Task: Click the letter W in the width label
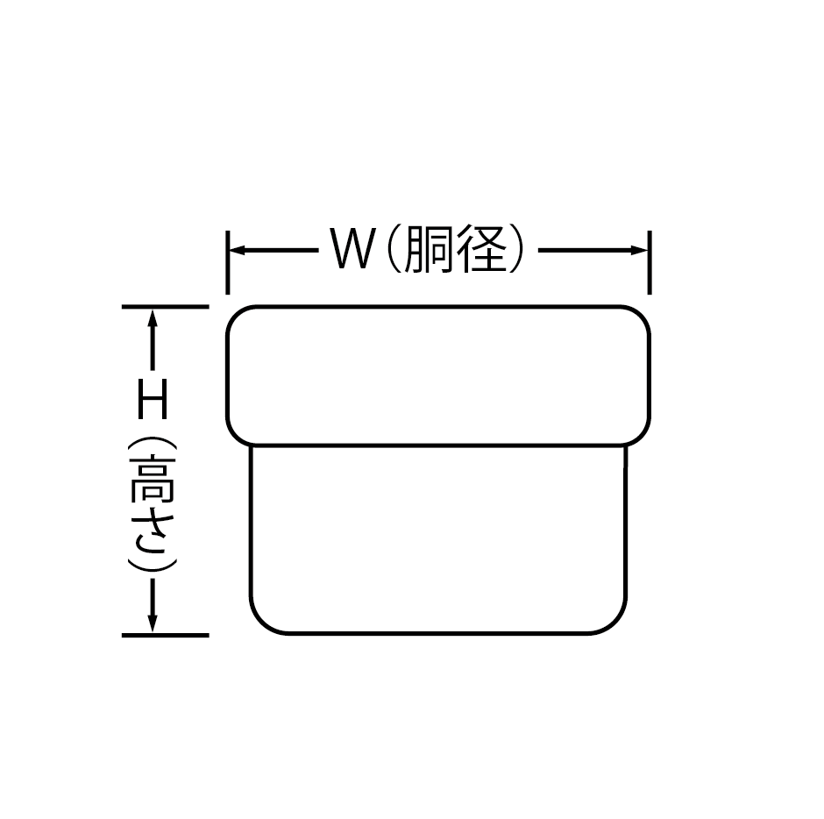tap(352, 251)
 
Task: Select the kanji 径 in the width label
tap(482, 251)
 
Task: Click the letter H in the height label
tap(153, 405)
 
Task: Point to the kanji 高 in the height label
tap(153, 479)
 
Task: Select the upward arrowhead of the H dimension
tap(153, 317)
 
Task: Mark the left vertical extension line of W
tap(227, 262)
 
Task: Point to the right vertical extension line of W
tap(649, 262)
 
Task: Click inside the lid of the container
tap(438, 375)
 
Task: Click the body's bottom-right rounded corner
tap(617, 623)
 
